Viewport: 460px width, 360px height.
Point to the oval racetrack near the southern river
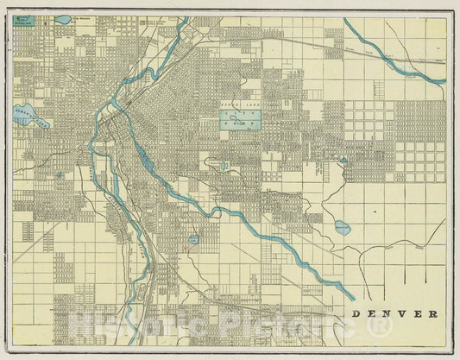(x=193, y=238)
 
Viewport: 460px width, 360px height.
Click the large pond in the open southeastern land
(x=342, y=228)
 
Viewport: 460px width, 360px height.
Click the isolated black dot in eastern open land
(x=375, y=209)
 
